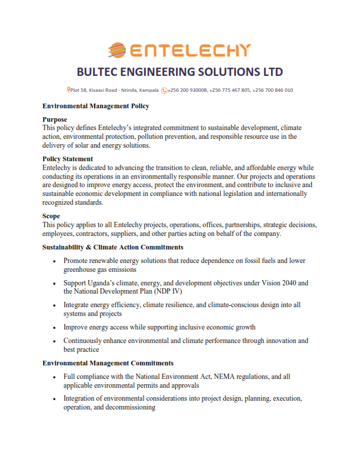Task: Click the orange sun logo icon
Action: pyautogui.click(x=117, y=49)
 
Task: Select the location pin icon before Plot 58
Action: pyautogui.click(x=69, y=90)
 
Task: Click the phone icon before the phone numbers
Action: pyautogui.click(x=164, y=90)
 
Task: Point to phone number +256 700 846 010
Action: pyautogui.click(x=273, y=90)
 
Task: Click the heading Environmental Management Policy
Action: pyautogui.click(x=96, y=106)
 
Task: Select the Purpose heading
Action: pyautogui.click(x=55, y=119)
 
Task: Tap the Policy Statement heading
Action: pyautogui.click(x=68, y=159)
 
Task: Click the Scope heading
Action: pyautogui.click(x=52, y=216)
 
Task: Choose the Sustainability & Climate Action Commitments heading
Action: pyautogui.click(x=112, y=247)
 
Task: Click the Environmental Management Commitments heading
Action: pyautogui.click(x=108, y=363)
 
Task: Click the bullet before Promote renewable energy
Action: pyautogui.click(x=54, y=261)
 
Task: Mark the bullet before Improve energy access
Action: pyautogui.click(x=54, y=327)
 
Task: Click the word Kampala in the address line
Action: pyautogui.click(x=148, y=90)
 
